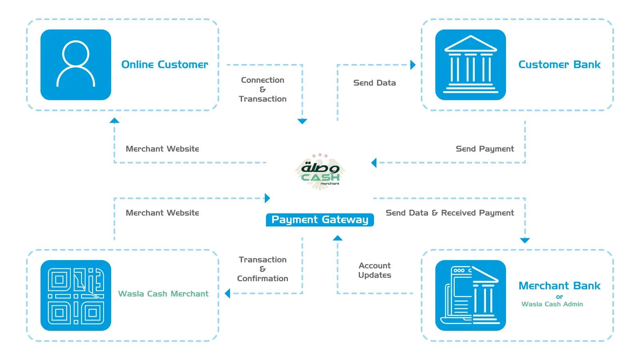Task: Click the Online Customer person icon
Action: pos(76,64)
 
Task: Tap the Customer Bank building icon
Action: pos(470,64)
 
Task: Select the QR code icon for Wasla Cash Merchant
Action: pos(76,295)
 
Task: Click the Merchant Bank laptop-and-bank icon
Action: pos(470,295)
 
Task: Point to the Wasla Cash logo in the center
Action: pos(320,172)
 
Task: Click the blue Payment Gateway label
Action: pos(320,220)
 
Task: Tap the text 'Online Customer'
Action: pos(164,64)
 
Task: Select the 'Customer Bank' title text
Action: pos(560,64)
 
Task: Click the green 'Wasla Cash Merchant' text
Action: pos(163,294)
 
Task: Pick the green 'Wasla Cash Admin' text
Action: pos(552,304)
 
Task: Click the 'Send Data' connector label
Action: pos(374,83)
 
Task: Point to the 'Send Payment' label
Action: pos(485,149)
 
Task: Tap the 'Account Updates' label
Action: pos(374,270)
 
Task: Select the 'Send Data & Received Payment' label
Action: pos(450,213)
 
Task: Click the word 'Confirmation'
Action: pos(262,278)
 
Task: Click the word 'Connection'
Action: pos(262,80)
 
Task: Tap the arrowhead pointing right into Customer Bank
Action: pos(413,65)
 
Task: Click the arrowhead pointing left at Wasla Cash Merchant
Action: pos(228,294)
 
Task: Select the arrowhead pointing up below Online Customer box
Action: pos(114,120)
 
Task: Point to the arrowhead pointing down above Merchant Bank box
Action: pos(525,240)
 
